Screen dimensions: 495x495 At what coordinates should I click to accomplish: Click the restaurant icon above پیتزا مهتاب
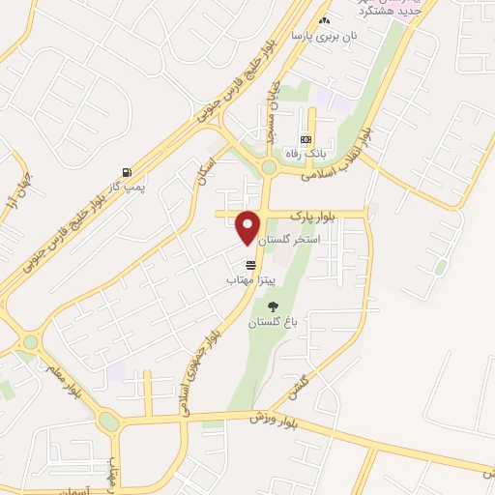pos(251,264)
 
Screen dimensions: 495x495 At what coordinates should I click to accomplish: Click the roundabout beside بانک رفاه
pos(269,169)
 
